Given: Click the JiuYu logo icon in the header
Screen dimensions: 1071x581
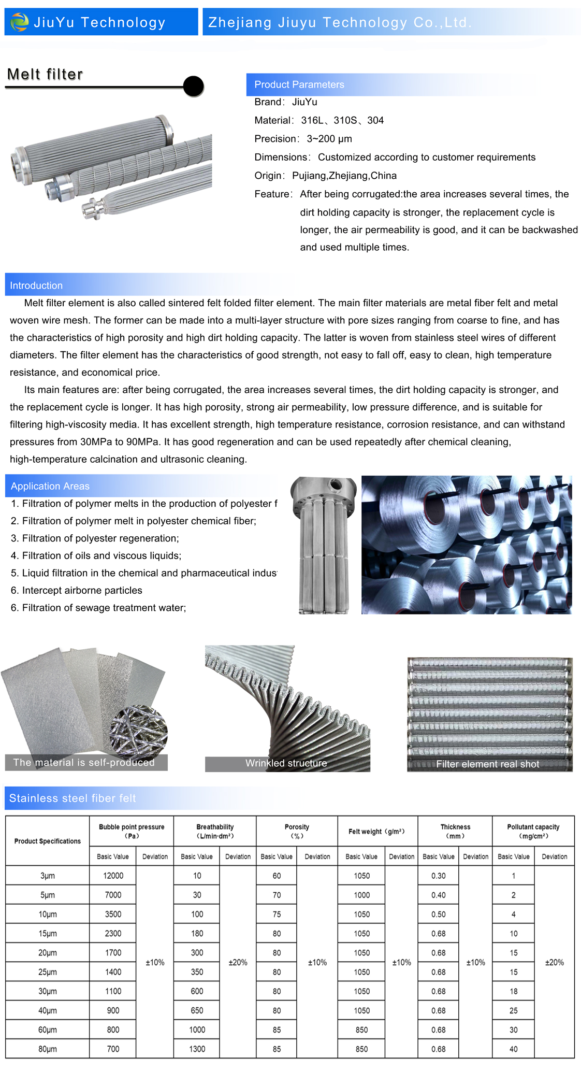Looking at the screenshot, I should click(20, 22).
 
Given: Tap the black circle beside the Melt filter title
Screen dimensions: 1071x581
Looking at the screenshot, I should click(194, 86).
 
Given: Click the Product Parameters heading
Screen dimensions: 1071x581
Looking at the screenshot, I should click(299, 84).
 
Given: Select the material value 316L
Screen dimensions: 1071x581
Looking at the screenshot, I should click(312, 120).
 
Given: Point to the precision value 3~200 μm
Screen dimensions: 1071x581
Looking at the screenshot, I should click(329, 139).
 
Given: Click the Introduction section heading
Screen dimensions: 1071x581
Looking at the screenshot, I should click(36, 285).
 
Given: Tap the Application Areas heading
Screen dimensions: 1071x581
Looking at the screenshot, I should click(50, 486).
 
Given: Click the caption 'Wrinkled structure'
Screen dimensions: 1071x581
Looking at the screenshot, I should click(286, 763).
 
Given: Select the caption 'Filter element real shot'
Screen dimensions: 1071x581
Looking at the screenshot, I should click(487, 764).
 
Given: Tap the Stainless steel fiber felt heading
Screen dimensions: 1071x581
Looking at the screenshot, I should click(72, 798).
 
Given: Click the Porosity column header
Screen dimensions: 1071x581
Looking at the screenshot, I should click(297, 831).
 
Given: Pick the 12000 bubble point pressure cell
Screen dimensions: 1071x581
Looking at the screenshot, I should click(113, 876).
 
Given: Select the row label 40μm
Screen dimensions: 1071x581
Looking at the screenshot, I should click(48, 1010).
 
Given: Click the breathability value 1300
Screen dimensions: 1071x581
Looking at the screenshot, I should click(197, 1049).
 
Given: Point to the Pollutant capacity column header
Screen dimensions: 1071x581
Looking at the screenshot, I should click(533, 831).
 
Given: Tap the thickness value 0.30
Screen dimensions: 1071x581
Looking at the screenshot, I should click(438, 876).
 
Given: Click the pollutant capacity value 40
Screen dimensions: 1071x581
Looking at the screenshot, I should click(513, 1049).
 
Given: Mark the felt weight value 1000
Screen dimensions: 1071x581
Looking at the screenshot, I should click(361, 895).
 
